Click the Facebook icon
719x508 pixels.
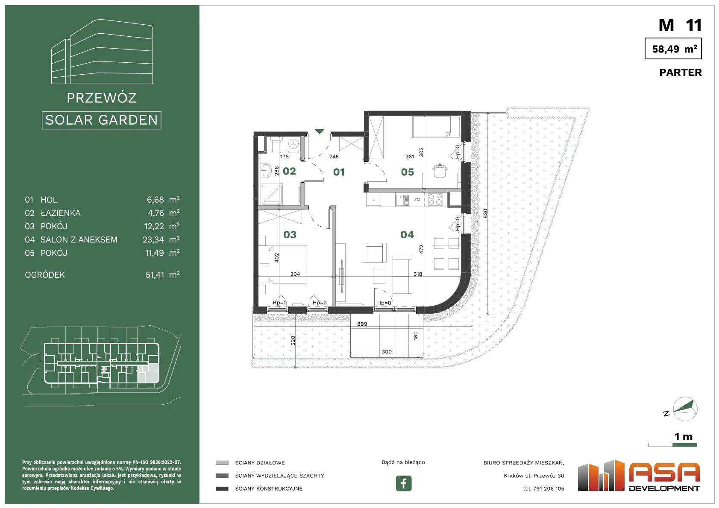tap(403, 483)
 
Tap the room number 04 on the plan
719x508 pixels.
tap(407, 235)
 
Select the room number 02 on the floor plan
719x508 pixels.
tap(289, 171)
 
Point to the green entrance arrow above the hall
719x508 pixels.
tap(320, 131)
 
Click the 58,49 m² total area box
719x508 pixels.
tap(673, 48)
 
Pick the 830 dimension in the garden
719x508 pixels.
tap(485, 213)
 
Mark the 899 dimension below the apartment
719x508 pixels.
tap(362, 324)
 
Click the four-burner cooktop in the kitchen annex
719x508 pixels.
tap(435, 199)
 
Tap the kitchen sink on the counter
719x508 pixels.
tap(402, 200)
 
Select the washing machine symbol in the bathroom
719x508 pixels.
tap(293, 144)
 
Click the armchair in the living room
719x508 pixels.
tap(374, 253)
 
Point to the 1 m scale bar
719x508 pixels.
tap(672, 445)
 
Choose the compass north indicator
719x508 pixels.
tap(685, 409)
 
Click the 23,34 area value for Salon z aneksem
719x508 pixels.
tap(153, 239)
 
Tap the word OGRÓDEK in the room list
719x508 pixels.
tap(44, 275)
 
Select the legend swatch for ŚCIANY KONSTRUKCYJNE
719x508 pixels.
tap(222, 488)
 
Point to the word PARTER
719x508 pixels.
tap(680, 73)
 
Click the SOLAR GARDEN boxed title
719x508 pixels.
tap(101, 120)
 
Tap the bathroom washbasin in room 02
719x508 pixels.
tap(265, 170)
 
